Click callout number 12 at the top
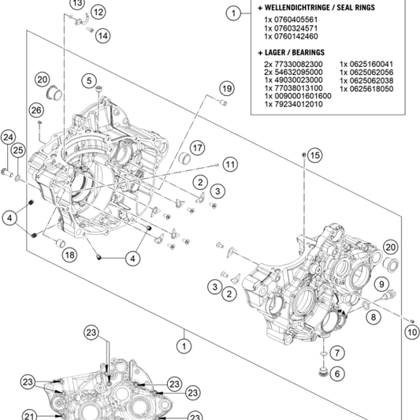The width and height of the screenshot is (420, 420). tap(98, 12)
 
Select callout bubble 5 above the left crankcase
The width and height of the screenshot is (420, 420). tap(90, 80)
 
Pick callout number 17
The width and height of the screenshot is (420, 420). tap(197, 148)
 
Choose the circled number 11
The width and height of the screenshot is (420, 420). tap(229, 164)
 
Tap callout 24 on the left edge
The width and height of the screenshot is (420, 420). tap(8, 138)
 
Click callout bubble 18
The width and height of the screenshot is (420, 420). tap(69, 255)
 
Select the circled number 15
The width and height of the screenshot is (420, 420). tap(314, 156)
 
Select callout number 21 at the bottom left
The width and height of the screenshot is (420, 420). tap(29, 417)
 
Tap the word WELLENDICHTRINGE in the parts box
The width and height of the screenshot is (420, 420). tap(293, 7)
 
